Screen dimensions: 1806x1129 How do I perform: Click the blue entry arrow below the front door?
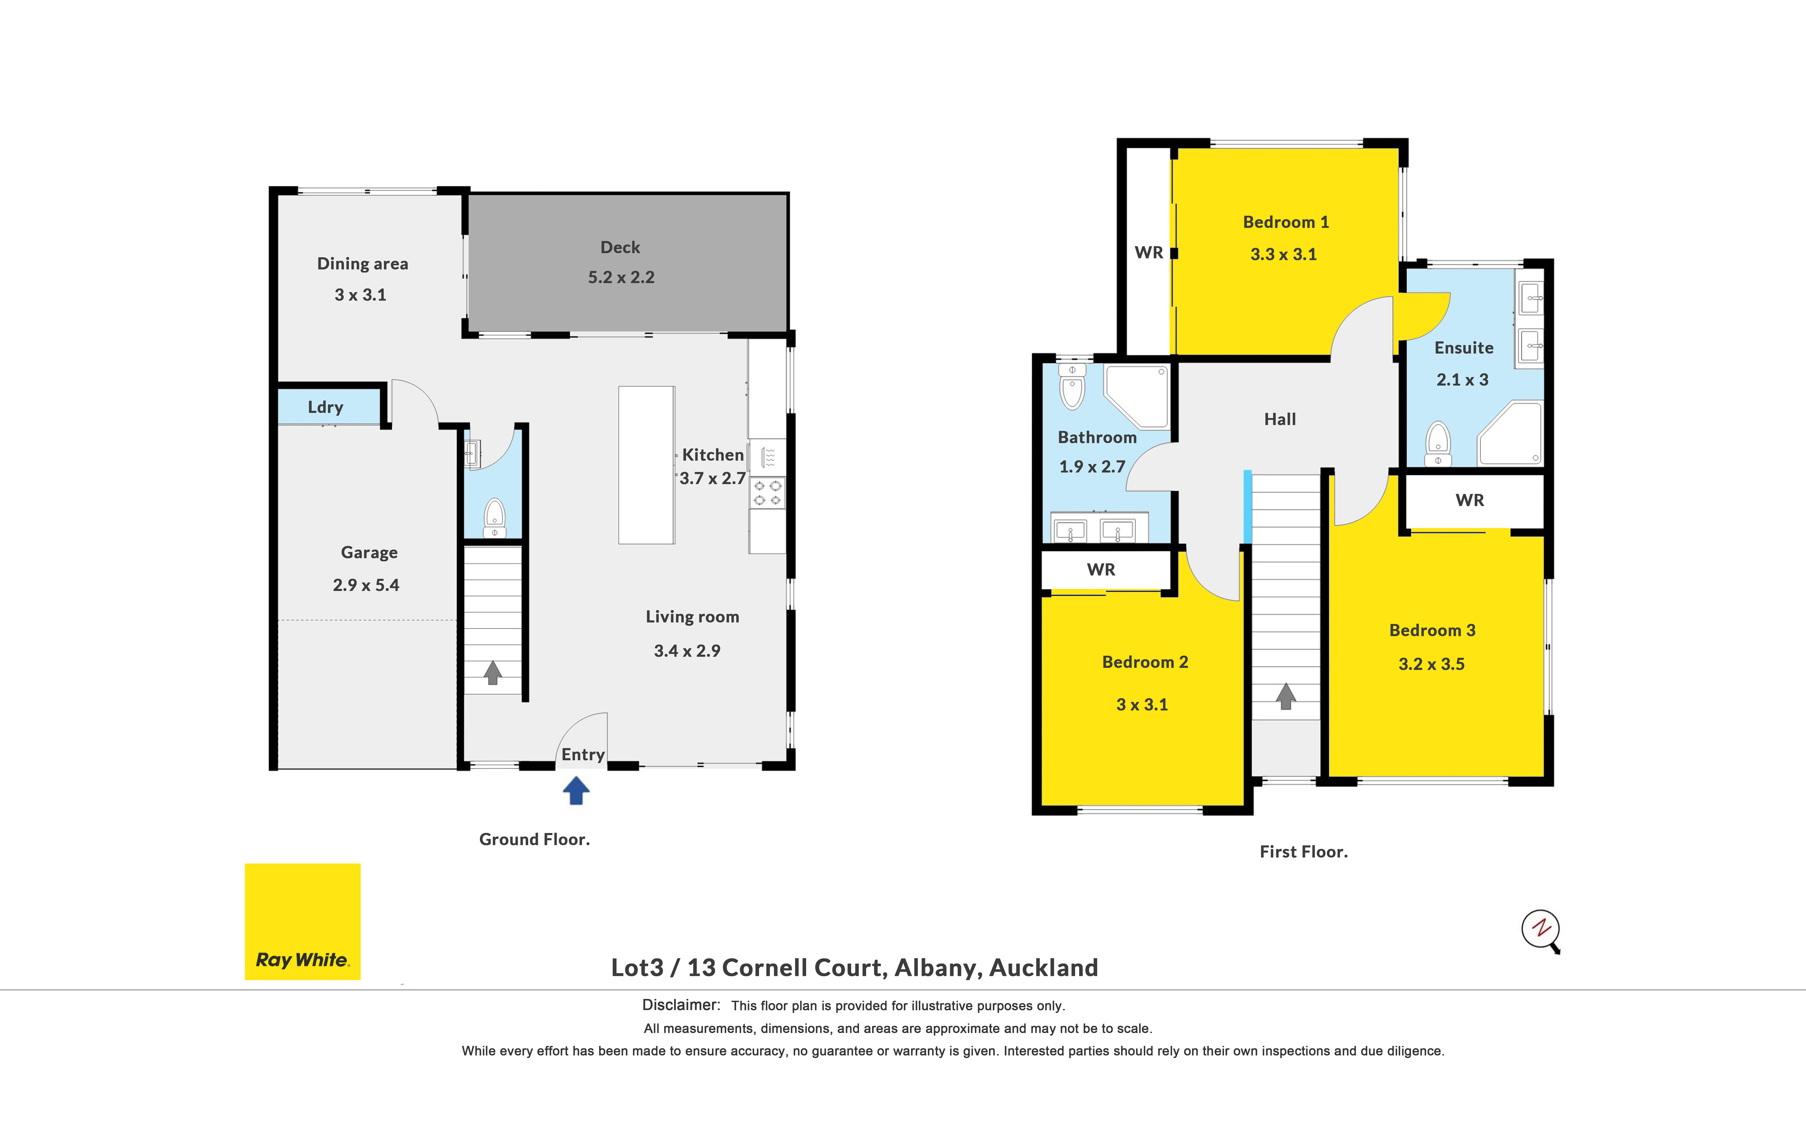[575, 790]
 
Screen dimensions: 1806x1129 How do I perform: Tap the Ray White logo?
[302, 922]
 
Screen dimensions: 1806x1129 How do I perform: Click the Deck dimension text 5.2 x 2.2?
[621, 277]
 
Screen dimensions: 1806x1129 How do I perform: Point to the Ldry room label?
[325, 407]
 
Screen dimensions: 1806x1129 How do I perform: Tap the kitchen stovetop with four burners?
[767, 493]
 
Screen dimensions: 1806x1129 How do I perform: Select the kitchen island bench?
[646, 465]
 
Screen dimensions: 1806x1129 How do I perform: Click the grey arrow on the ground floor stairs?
[493, 672]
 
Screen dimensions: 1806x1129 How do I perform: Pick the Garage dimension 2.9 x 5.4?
[366, 585]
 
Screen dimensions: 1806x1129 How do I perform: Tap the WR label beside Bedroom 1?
[1149, 252]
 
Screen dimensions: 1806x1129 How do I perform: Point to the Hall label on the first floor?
[1280, 419]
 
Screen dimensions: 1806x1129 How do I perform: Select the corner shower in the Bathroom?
[1136, 396]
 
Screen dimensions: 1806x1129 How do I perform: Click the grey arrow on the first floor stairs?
[1285, 696]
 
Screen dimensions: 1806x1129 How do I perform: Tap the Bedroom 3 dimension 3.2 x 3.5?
[1431, 664]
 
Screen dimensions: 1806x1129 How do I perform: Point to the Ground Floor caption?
[534, 839]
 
